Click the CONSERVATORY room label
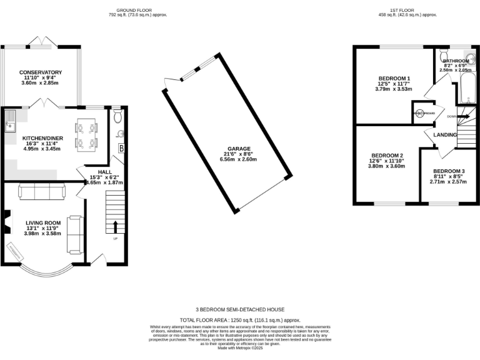click(40, 72)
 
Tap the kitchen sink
click(11, 121)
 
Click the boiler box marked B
click(121, 149)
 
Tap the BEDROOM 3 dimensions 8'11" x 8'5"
click(449, 177)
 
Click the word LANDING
click(446, 135)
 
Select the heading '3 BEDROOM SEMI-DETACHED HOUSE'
click(240, 309)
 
